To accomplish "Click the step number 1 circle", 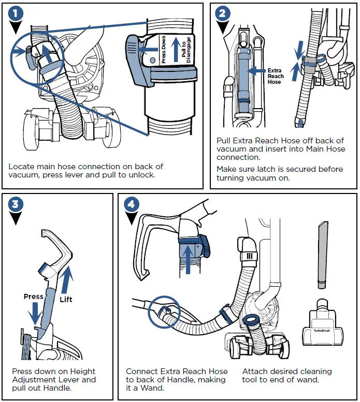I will (x=18, y=13).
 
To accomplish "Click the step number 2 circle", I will (x=223, y=13).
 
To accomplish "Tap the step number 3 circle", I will (x=17, y=204).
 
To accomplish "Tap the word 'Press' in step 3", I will (x=34, y=296).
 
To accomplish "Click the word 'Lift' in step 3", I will (x=66, y=300).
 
